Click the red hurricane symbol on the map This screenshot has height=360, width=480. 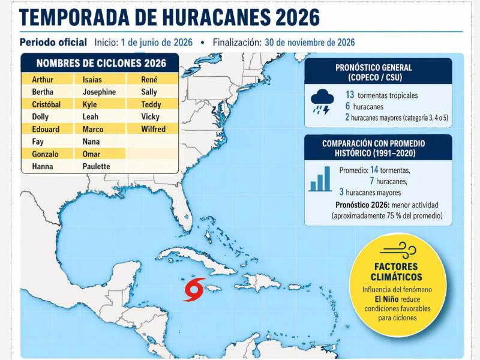coord(194,289)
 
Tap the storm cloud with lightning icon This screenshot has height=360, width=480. coord(323,101)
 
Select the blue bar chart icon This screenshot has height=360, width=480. coord(320,179)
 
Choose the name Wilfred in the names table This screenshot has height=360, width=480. coord(153,129)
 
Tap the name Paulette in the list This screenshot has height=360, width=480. coord(97,166)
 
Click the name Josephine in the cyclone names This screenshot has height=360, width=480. coord(100,92)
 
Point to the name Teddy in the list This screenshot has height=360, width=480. coord(150,104)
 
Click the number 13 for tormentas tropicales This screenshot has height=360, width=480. coord(349,95)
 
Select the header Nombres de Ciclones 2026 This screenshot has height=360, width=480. coord(100,63)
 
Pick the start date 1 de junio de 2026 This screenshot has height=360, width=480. coord(156,43)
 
